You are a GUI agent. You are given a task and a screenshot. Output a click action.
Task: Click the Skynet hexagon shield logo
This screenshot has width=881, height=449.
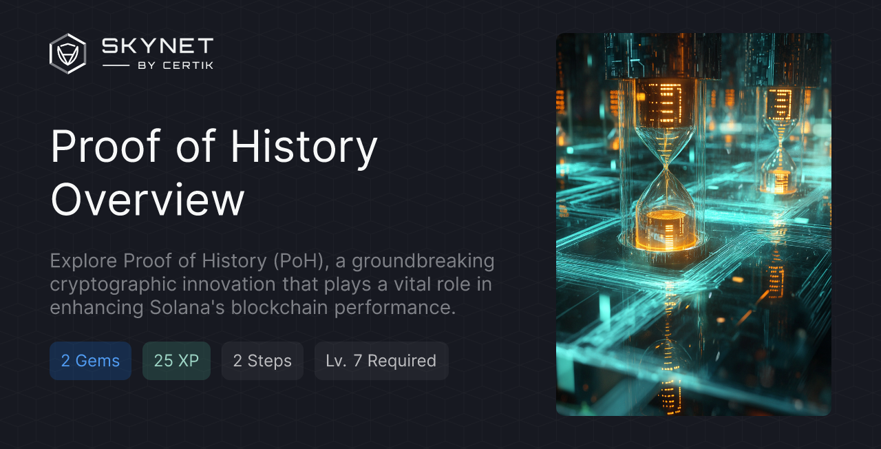(67, 54)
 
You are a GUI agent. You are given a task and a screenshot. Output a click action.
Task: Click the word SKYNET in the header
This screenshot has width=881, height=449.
(158, 46)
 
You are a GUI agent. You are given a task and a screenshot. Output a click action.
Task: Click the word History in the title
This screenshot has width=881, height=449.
(304, 146)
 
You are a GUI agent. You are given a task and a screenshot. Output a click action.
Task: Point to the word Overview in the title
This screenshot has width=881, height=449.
(147, 200)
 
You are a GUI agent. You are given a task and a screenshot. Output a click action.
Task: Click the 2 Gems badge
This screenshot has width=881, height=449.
(90, 361)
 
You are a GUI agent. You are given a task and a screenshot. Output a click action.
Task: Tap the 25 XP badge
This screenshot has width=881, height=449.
(176, 361)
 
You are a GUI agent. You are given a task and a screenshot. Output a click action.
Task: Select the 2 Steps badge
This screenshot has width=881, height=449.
(262, 361)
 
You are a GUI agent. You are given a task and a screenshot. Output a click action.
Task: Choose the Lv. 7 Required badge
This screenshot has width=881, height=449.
(381, 361)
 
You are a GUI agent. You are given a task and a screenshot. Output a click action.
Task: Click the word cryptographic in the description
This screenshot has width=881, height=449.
(120, 284)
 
